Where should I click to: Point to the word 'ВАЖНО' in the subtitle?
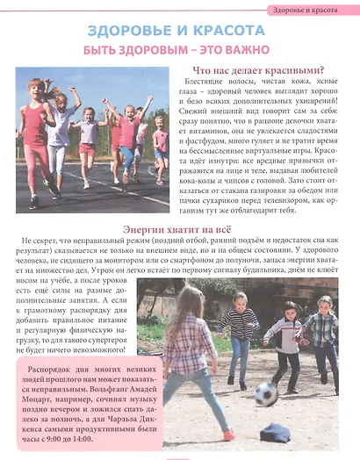tap(245, 50)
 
